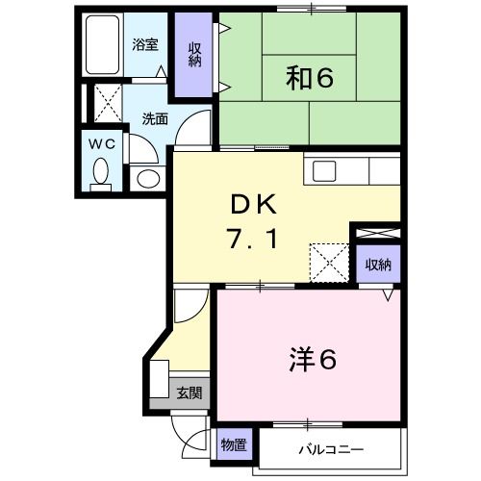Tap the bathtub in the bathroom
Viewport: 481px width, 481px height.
101,47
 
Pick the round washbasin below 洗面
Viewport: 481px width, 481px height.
146,178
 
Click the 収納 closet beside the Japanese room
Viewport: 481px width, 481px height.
195,56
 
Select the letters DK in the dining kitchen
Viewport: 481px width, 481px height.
252,204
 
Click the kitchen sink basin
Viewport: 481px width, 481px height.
323,171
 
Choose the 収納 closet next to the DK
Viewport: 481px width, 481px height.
378,262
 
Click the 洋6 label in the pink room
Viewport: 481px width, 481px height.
311,361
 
